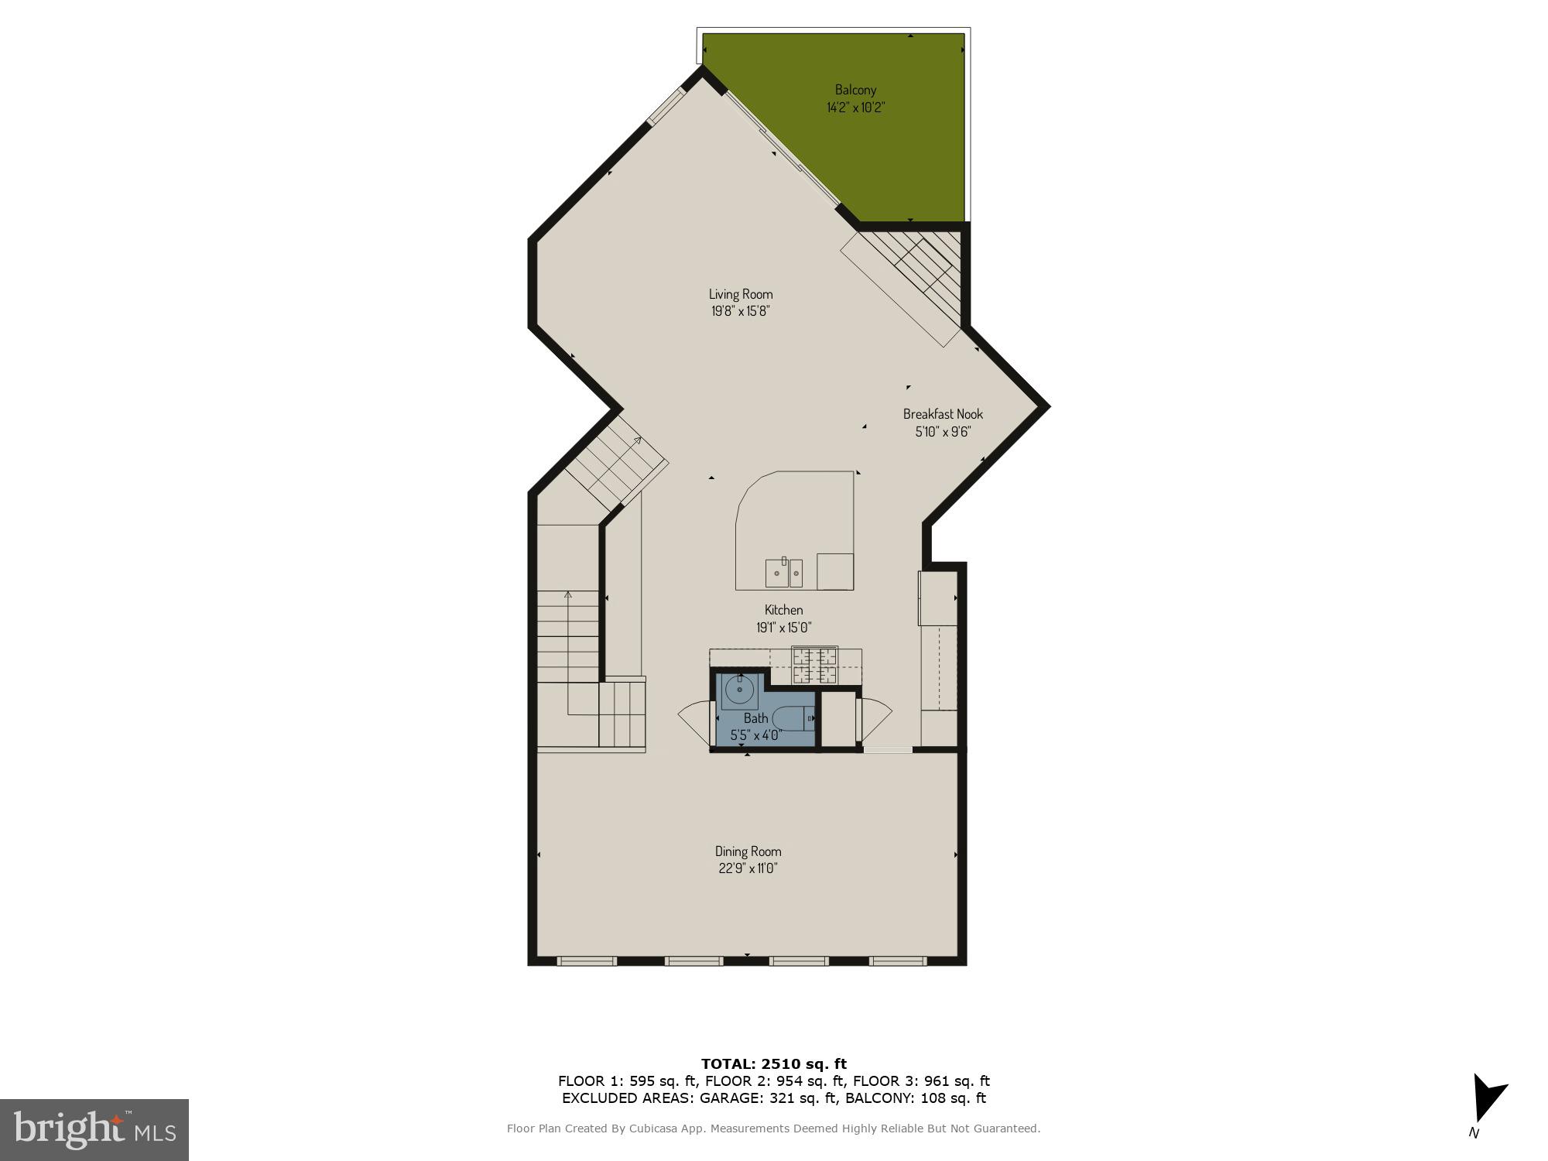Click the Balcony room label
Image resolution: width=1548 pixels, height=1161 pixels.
click(855, 90)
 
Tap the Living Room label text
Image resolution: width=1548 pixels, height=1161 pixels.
click(741, 294)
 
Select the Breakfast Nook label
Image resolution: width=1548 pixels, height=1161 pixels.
click(943, 414)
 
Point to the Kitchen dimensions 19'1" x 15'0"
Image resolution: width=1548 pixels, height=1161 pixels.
click(783, 628)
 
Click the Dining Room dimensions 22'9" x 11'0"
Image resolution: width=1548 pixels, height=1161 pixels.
click(748, 868)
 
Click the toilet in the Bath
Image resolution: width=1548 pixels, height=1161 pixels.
click(793, 718)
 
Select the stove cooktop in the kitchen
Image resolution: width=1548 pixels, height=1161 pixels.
click(814, 666)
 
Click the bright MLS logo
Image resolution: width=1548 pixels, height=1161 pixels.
click(94, 1130)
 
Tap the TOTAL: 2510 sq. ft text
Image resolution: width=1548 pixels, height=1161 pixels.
click(774, 1064)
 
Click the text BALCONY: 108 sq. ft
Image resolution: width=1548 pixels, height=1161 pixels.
click(916, 1098)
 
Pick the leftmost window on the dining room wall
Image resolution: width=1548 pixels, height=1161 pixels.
click(587, 961)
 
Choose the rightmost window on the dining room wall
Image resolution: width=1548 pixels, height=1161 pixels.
click(898, 961)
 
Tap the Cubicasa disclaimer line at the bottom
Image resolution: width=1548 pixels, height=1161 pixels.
click(773, 1128)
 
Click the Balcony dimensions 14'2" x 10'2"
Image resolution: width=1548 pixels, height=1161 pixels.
click(855, 108)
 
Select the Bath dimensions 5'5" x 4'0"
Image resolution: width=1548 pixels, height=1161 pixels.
click(756, 735)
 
